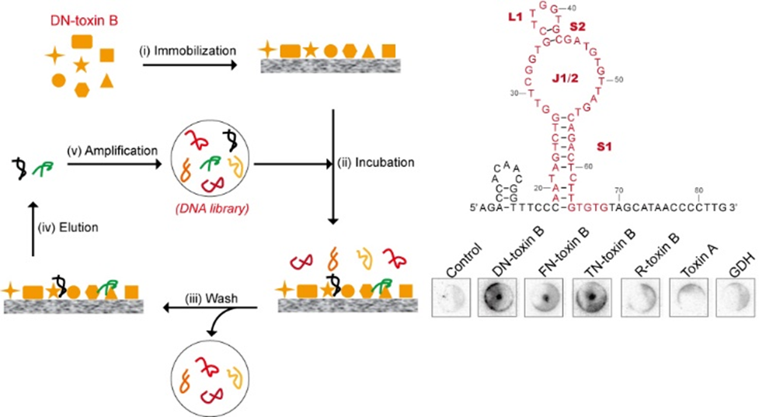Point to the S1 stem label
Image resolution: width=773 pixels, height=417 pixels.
(605, 145)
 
